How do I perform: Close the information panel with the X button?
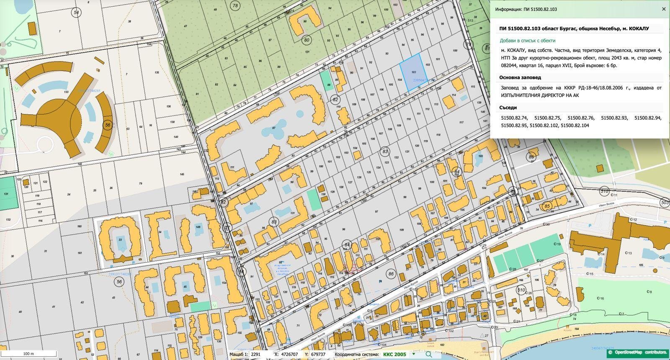click(x=663, y=9)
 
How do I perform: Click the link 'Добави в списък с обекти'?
click(x=527, y=41)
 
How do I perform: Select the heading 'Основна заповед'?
click(x=520, y=77)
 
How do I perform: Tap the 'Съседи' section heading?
click(x=508, y=108)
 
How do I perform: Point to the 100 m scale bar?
click(x=28, y=354)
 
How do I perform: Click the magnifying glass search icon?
click(x=428, y=354)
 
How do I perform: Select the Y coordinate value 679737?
click(x=317, y=354)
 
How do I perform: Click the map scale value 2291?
click(x=255, y=354)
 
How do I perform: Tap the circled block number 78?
click(x=235, y=5)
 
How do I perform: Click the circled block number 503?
click(x=665, y=203)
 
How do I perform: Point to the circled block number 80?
click(x=307, y=40)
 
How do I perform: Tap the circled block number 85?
click(x=547, y=206)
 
